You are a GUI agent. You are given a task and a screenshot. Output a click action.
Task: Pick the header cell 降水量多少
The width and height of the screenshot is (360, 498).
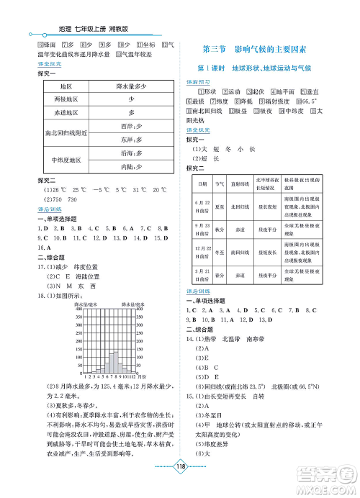132,86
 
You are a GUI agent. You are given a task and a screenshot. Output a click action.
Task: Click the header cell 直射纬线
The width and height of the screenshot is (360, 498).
240,184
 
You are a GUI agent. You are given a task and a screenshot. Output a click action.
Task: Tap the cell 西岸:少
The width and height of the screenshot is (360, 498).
132,127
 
